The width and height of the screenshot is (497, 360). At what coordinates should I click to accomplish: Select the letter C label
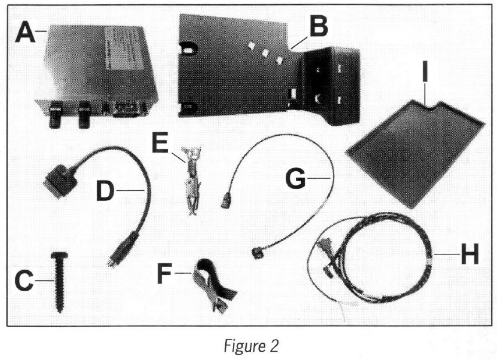pos(24,283)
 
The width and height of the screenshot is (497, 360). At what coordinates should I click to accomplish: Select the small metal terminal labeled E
pos(190,178)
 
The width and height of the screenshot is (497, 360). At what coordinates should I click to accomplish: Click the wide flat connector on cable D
pos(61,178)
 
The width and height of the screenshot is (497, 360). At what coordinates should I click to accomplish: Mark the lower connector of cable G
pos(255,252)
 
